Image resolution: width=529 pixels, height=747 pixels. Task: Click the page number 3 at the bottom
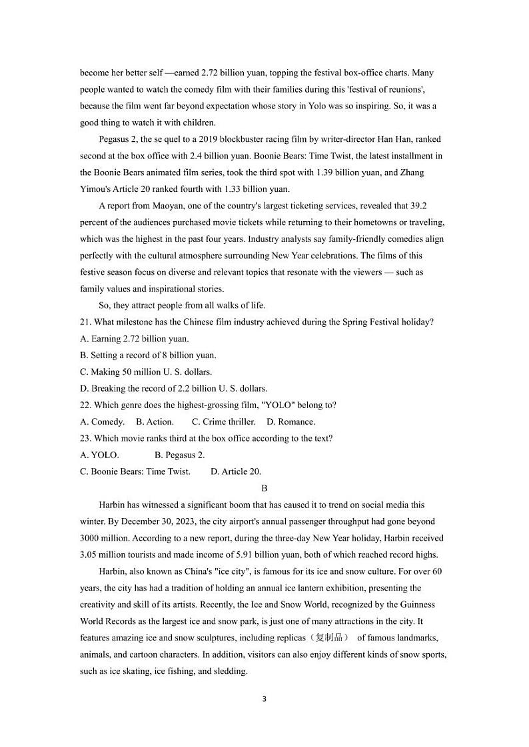tap(264, 699)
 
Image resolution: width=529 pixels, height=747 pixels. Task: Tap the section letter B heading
tap(264, 488)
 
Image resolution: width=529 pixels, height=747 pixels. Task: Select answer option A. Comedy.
tap(102, 421)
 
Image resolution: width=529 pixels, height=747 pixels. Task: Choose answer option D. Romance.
tap(291, 421)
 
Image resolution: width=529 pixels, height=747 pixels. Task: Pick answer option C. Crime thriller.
tap(223, 421)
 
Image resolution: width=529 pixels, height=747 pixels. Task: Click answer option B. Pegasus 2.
tap(180, 455)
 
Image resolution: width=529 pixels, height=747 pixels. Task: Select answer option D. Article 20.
tap(236, 471)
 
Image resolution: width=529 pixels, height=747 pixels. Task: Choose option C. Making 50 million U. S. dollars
tap(146, 372)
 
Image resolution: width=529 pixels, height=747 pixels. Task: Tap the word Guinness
tap(417, 605)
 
